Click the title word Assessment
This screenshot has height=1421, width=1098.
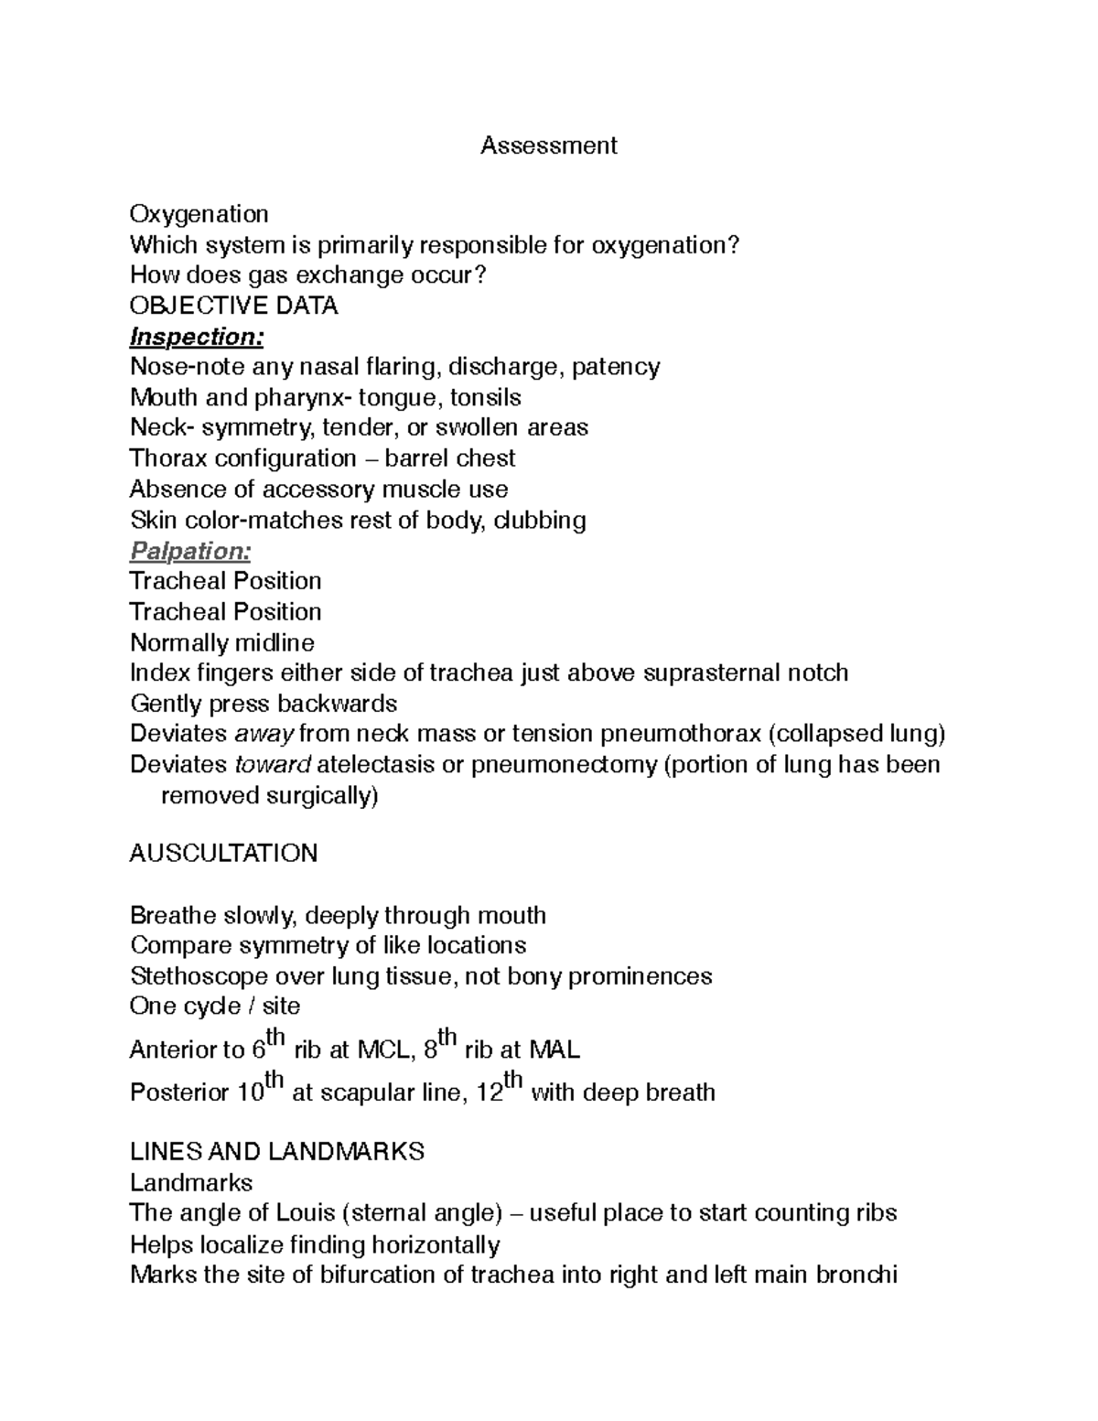click(x=549, y=145)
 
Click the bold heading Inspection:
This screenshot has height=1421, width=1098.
click(x=197, y=337)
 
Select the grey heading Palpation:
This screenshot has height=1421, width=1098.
click(x=190, y=551)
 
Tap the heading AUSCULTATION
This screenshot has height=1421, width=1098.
click(x=223, y=853)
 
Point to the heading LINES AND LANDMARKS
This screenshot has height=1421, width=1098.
click(x=277, y=1151)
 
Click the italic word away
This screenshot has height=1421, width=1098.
click(x=264, y=734)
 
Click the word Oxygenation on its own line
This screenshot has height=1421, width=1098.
click(x=199, y=214)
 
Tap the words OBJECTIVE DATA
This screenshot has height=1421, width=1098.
click(x=234, y=306)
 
